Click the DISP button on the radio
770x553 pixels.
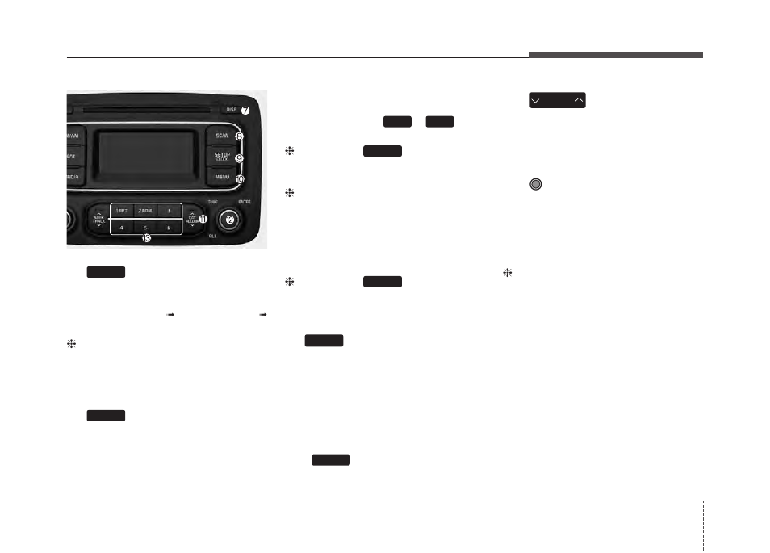coord(231,109)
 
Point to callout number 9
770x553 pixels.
coord(240,158)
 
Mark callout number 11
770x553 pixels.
coord(203,218)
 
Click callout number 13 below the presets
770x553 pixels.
coord(147,238)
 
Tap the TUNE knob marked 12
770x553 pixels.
coord(230,219)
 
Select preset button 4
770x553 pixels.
coord(122,228)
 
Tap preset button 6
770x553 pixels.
coord(169,228)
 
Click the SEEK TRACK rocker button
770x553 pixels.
coord(98,219)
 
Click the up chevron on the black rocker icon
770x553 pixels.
coord(578,100)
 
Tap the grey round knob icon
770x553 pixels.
coord(535,184)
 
